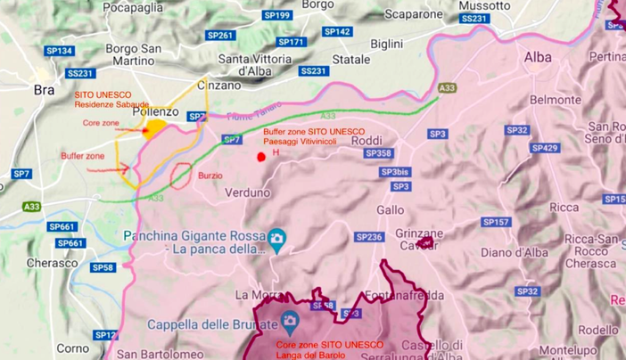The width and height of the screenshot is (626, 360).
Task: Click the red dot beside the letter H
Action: pyautogui.click(x=261, y=157)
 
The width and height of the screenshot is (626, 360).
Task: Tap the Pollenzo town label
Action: pyautogui.click(x=155, y=113)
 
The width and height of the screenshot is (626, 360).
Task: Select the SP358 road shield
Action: pyautogui.click(x=378, y=153)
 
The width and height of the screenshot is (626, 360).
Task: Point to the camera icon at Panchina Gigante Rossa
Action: pyautogui.click(x=276, y=237)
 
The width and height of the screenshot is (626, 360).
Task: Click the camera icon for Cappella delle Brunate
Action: pyautogui.click(x=288, y=321)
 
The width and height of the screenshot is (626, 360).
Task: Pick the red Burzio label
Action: pyautogui.click(x=211, y=176)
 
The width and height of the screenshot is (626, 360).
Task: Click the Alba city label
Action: pyautogui.click(x=538, y=57)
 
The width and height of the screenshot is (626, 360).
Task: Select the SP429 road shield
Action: pyautogui.click(x=544, y=148)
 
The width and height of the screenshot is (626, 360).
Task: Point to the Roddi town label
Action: pyautogui.click(x=366, y=141)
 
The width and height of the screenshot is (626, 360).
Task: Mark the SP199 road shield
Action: pyautogui.click(x=278, y=15)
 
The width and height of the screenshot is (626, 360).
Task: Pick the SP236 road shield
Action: pyautogui.click(x=369, y=237)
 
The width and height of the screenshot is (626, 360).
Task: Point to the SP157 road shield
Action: pyautogui.click(x=496, y=222)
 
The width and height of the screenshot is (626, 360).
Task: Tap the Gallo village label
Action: pyautogui.click(x=391, y=209)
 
